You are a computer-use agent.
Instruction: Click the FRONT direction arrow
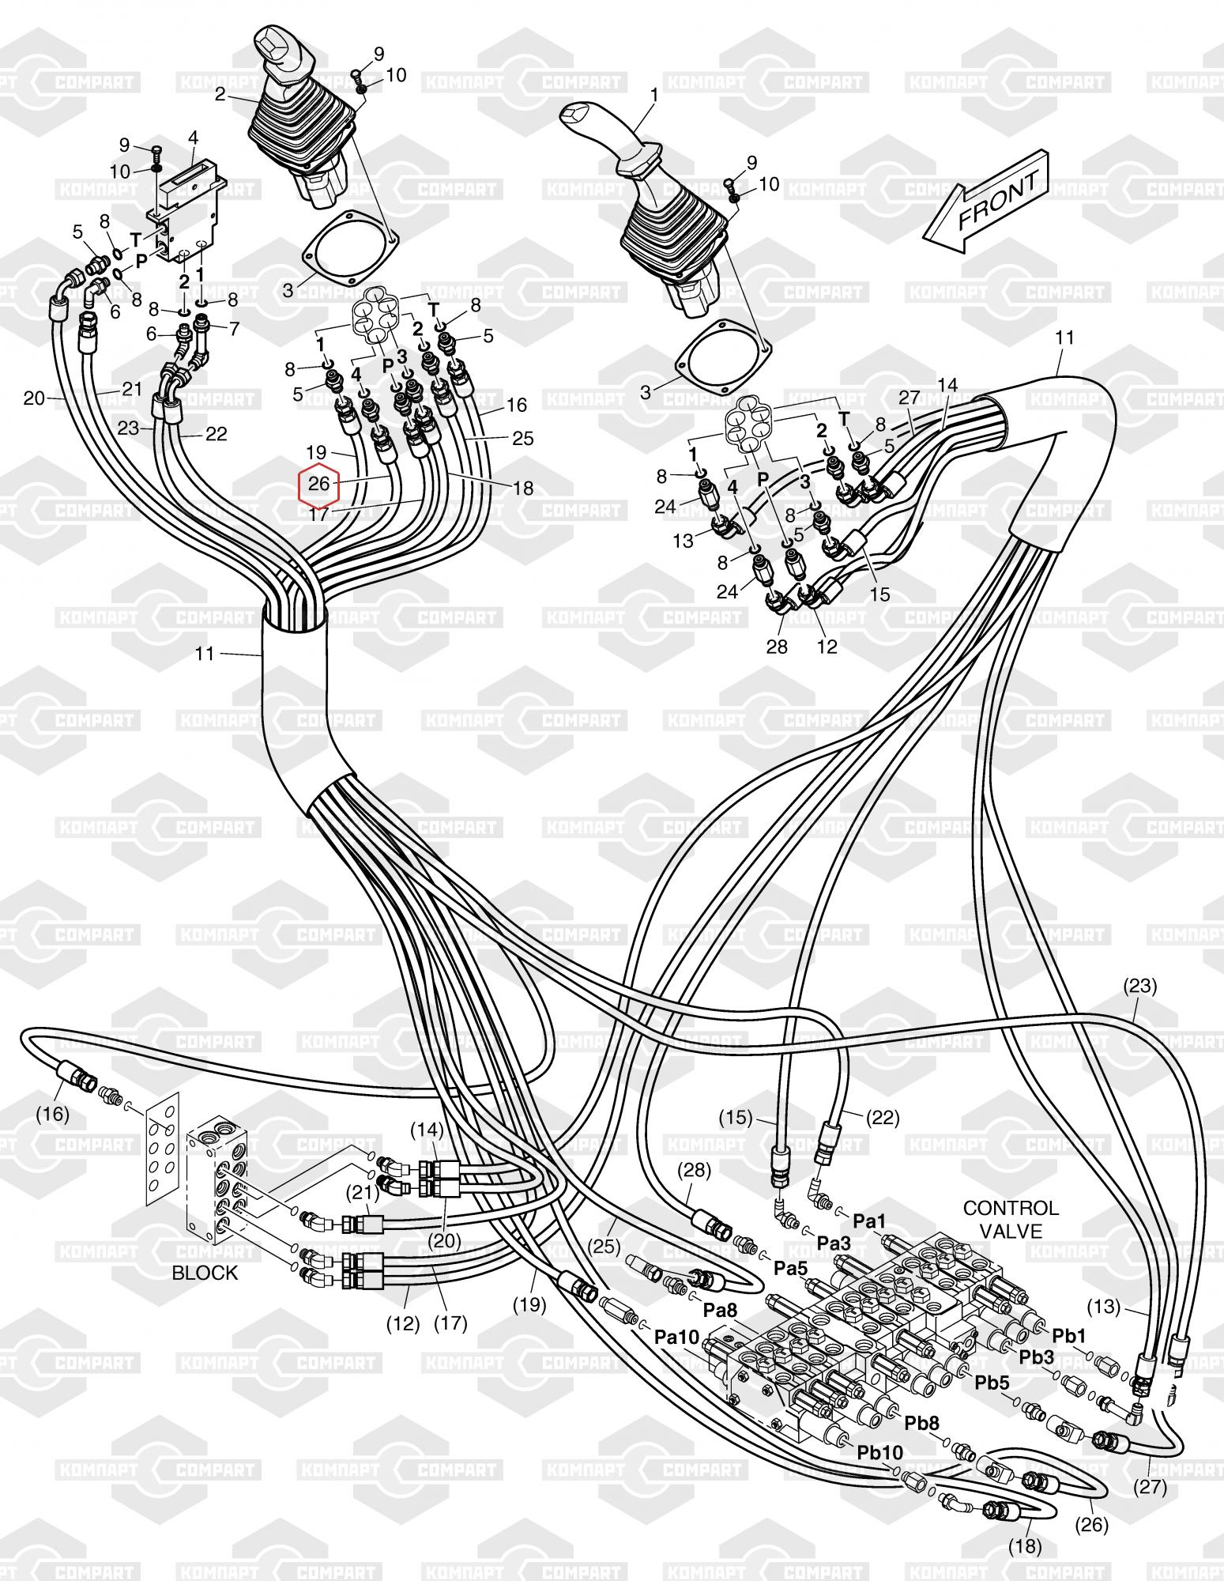click(x=987, y=202)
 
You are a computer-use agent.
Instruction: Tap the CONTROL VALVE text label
click(x=1010, y=1219)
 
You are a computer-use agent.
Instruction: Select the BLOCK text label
click(x=205, y=1273)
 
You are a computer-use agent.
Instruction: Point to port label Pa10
click(x=677, y=1337)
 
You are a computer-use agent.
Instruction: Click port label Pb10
click(x=880, y=1452)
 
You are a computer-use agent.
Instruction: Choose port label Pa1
click(x=870, y=1221)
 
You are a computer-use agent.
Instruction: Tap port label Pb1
click(x=1069, y=1336)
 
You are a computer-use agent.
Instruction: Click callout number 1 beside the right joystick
click(x=653, y=96)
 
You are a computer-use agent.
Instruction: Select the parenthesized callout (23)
click(x=1139, y=986)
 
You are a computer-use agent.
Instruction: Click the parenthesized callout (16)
click(x=53, y=1115)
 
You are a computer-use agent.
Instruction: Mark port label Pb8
click(x=922, y=1423)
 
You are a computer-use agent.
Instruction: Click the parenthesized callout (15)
click(x=736, y=1119)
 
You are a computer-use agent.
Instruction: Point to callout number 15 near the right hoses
click(x=879, y=594)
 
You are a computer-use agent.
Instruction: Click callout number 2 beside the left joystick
click(x=220, y=96)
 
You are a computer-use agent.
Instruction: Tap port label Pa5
click(x=791, y=1268)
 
